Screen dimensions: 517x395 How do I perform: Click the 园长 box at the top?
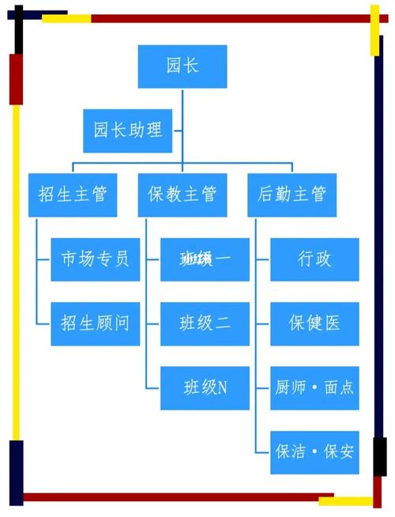pos(182,66)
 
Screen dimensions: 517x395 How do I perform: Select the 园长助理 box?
pos(128,130)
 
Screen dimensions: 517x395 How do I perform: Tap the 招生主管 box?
pos(73,194)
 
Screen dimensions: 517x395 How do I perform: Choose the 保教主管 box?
pos(182,194)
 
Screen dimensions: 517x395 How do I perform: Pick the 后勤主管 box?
pos(292,194)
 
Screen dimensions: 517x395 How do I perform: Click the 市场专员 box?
pos(95,258)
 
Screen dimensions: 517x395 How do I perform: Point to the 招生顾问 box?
pos(95,323)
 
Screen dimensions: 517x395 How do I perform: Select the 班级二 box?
pos(205,323)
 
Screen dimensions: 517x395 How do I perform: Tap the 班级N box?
pos(205,387)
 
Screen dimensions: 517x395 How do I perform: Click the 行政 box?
pos(314,258)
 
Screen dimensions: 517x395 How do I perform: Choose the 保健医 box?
pos(314,323)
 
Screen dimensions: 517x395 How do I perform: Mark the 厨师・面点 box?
pos(314,387)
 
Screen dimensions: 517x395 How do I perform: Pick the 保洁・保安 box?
pos(314,452)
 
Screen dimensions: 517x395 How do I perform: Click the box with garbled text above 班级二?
pos(205,258)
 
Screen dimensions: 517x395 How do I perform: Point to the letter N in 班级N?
pos(222,387)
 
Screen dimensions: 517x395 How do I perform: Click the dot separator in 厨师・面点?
pos(314,388)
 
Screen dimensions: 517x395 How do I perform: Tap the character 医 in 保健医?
pos(332,323)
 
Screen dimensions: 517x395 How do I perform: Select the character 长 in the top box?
pos(191,66)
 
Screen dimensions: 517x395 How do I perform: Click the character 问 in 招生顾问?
pos(121,323)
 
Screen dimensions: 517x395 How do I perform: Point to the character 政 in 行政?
pos(324,258)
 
